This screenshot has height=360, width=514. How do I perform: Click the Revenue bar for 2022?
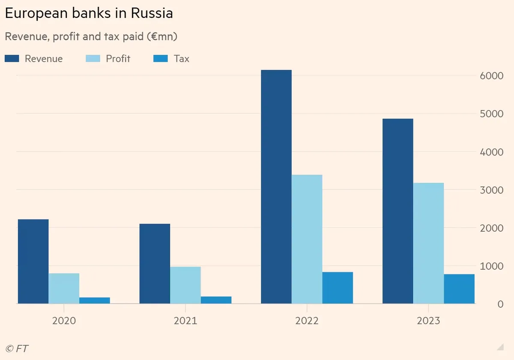point(276,187)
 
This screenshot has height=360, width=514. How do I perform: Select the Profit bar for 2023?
point(428,243)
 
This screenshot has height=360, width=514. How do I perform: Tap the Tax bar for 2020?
point(95,300)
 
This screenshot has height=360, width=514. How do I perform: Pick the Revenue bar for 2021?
point(155,264)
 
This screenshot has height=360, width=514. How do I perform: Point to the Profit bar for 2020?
point(64,288)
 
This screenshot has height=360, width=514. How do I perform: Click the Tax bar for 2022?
point(338,288)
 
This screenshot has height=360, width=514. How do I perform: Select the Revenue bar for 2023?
point(397,211)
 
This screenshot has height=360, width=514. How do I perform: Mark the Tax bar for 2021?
point(216,300)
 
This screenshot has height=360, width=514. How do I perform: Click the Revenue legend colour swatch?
point(12,59)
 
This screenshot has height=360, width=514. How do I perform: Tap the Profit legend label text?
point(118,59)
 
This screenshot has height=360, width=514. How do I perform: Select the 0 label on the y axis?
point(499,304)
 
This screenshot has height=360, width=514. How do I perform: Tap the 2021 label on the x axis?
point(185,321)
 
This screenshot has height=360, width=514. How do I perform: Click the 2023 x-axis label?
point(428,321)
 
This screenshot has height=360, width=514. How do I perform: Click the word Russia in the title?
point(152,13)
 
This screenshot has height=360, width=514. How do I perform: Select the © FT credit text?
point(17,348)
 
